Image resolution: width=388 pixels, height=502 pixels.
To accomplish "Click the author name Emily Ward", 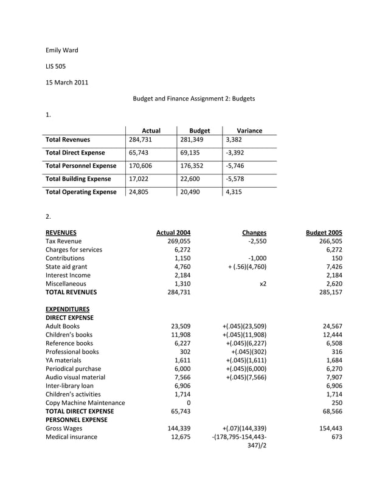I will coord(62,50).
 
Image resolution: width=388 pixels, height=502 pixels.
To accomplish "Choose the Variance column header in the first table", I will coord(249,130).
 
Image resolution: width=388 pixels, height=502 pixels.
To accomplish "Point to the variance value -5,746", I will coord(235,165).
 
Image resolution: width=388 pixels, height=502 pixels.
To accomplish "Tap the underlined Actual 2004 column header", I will coord(173,232).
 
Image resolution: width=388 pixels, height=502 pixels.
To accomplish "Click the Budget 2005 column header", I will coord(324,232).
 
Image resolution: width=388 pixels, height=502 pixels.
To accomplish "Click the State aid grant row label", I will coord(66,266).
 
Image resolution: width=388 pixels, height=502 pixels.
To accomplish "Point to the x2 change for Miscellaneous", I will coord(263,283).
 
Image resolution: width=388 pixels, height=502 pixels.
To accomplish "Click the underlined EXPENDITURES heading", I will coord(68,309).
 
